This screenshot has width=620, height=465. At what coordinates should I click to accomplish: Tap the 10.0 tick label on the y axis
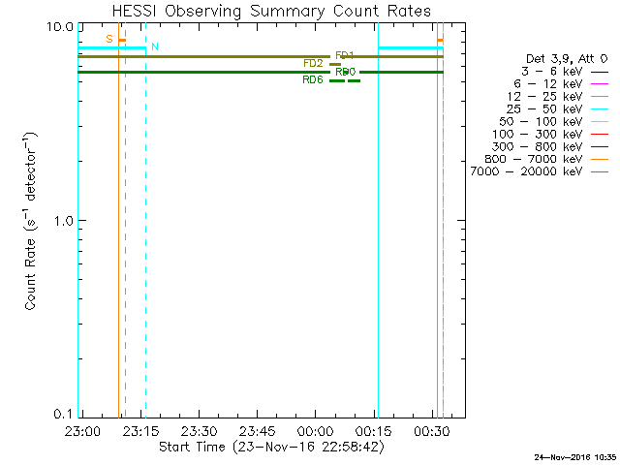62,25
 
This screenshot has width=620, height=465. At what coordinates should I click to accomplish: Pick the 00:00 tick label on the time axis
317,429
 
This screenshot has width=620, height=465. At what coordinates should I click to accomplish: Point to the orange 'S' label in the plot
109,39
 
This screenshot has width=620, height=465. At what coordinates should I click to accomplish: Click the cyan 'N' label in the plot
155,47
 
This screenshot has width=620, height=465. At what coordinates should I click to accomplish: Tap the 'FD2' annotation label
313,64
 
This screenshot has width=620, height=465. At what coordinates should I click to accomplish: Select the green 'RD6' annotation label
313,80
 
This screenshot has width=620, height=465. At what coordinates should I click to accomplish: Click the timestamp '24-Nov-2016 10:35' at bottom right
576,456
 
